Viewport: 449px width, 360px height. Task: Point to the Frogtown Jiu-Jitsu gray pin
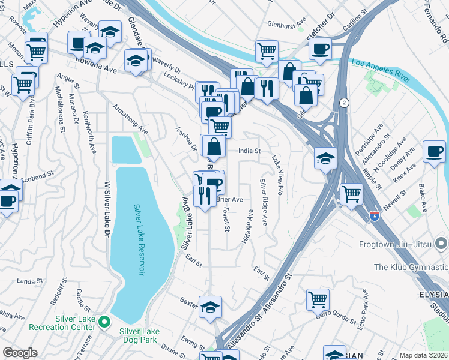tap(441, 244)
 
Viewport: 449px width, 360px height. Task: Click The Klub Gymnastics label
tap(411, 266)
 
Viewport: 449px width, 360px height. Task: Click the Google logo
tap(20, 353)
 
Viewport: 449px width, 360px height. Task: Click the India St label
tap(249, 151)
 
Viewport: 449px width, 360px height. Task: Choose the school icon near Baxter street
tap(210, 307)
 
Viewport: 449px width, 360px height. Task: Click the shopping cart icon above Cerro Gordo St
tap(318, 299)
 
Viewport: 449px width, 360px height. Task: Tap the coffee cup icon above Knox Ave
tap(434, 151)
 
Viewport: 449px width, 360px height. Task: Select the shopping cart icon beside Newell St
tap(351, 193)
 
